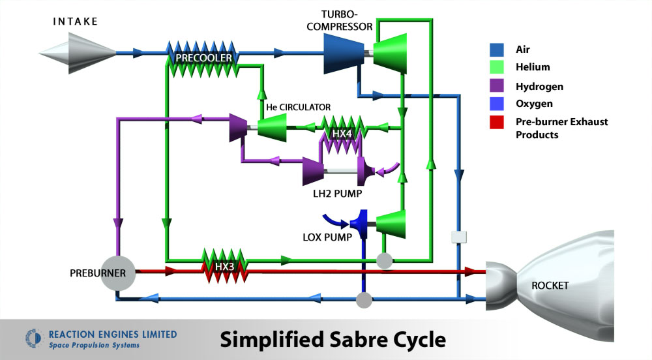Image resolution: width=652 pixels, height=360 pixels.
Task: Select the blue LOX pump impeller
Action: click(x=360, y=224)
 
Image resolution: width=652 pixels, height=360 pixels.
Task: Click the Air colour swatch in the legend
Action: click(x=497, y=49)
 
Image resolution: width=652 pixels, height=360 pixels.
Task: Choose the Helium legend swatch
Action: click(x=497, y=67)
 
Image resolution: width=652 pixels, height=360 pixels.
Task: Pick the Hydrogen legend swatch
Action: click(x=497, y=85)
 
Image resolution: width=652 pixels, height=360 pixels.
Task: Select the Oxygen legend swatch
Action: click(x=497, y=104)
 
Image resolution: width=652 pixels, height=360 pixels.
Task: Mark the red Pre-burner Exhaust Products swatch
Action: click(x=497, y=122)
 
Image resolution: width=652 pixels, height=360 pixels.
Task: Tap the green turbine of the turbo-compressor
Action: click(x=391, y=53)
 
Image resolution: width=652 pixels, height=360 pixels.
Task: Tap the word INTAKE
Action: click(x=75, y=22)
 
